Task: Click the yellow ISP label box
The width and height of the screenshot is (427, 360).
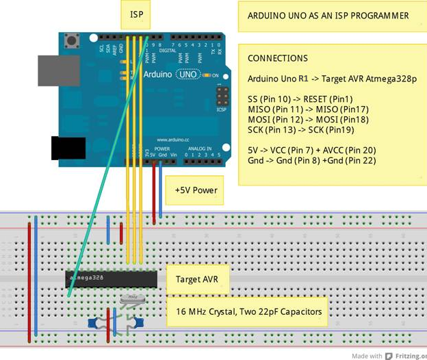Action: [136, 13]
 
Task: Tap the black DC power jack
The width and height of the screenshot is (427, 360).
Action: [68, 148]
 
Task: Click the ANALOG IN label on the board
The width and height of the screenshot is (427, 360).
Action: [200, 148]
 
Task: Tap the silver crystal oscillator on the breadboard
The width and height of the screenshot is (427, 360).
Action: [131, 298]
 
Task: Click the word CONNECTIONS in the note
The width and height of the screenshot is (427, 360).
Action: [278, 59]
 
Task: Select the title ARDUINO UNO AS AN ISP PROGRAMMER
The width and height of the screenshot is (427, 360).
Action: [328, 16]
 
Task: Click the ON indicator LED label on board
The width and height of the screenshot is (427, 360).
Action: [214, 75]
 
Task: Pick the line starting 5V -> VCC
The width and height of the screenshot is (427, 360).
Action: [311, 149]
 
